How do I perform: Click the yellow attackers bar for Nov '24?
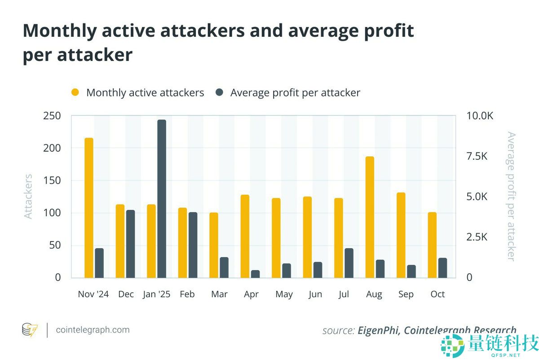click(x=89, y=207)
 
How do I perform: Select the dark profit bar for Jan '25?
click(x=162, y=198)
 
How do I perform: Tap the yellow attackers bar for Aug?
click(x=370, y=217)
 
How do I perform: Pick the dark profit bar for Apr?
click(x=255, y=274)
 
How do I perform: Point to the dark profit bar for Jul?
click(x=349, y=263)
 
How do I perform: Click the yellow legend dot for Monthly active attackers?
click(x=75, y=93)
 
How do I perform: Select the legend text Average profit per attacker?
click(x=295, y=93)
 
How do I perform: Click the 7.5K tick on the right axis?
click(x=477, y=156)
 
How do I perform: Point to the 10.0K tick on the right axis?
click(x=480, y=116)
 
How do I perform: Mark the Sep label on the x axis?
click(x=406, y=294)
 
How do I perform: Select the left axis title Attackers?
click(x=28, y=196)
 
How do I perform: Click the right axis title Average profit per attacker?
click(x=511, y=196)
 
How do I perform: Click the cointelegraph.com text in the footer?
click(x=93, y=330)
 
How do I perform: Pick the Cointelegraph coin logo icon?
click(x=30, y=330)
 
